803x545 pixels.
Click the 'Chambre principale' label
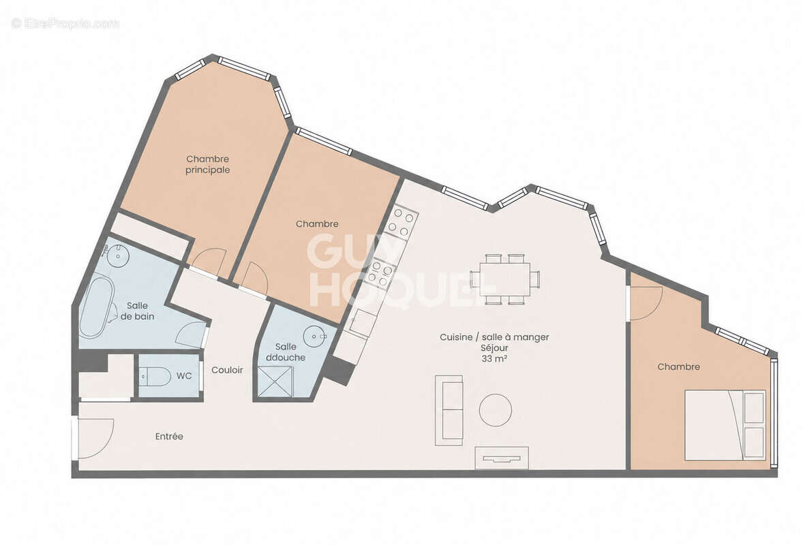[207, 165]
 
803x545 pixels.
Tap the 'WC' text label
[184, 375]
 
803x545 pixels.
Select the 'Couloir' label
[227, 370]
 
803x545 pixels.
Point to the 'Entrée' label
[169, 437]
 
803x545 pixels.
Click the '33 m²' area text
[494, 359]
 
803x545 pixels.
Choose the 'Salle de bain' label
[137, 311]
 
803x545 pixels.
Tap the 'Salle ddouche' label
[286, 352]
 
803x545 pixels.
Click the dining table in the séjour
[506, 279]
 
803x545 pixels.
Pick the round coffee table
[495, 410]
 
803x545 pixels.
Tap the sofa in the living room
[449, 410]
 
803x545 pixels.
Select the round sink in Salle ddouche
[314, 337]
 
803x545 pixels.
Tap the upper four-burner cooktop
[403, 223]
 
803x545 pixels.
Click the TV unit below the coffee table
[502, 458]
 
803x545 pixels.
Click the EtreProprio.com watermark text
[65, 24]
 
